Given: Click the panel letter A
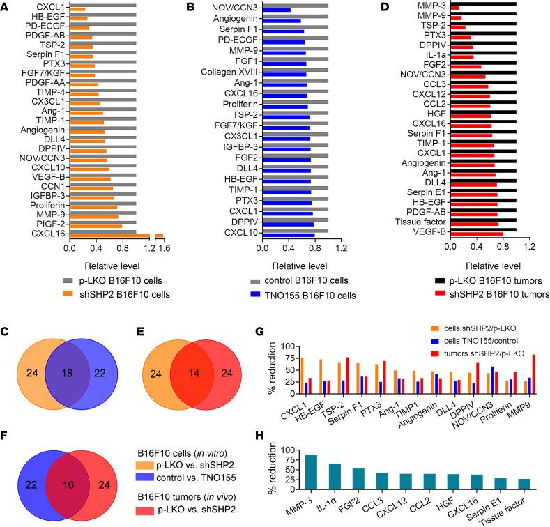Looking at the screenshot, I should pyautogui.click(x=5, y=6).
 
